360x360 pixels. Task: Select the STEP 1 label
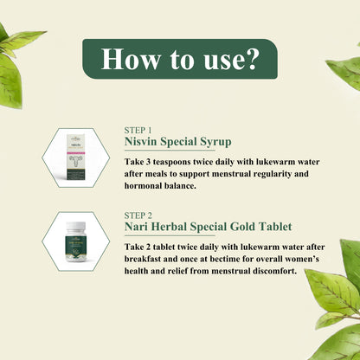coord(138,131)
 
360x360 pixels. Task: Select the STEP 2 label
coord(138,215)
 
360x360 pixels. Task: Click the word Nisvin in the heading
coord(141,142)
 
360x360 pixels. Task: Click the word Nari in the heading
coord(137,227)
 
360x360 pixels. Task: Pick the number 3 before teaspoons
coord(148,162)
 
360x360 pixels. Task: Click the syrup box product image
coord(75,157)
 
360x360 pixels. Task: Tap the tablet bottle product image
coord(76,241)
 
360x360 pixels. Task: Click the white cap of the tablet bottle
coord(76,225)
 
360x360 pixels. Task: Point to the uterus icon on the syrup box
coord(75,161)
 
